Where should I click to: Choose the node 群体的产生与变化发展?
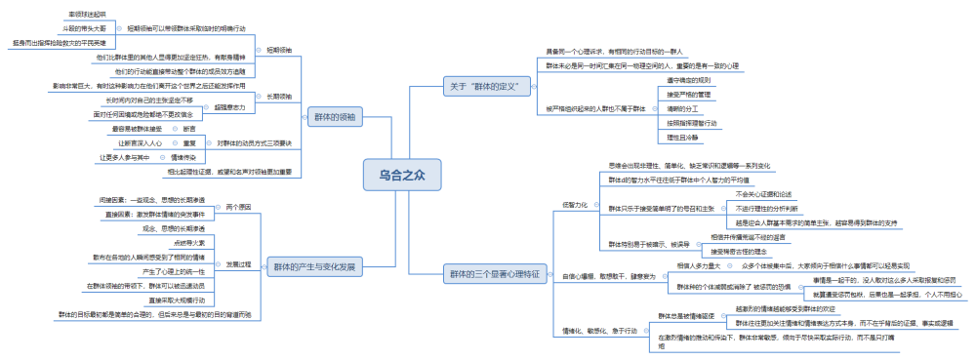pyautogui.click(x=314, y=265)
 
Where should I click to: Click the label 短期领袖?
pyautogui.click(x=279, y=49)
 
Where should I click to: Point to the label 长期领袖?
pyautogui.click(x=279, y=98)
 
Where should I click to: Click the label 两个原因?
pyautogui.click(x=239, y=207)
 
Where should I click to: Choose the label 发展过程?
pyautogui.click(x=239, y=264)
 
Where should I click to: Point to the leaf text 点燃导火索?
pyautogui.click(x=189, y=241)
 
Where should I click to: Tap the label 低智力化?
pyautogui.click(x=574, y=205)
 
